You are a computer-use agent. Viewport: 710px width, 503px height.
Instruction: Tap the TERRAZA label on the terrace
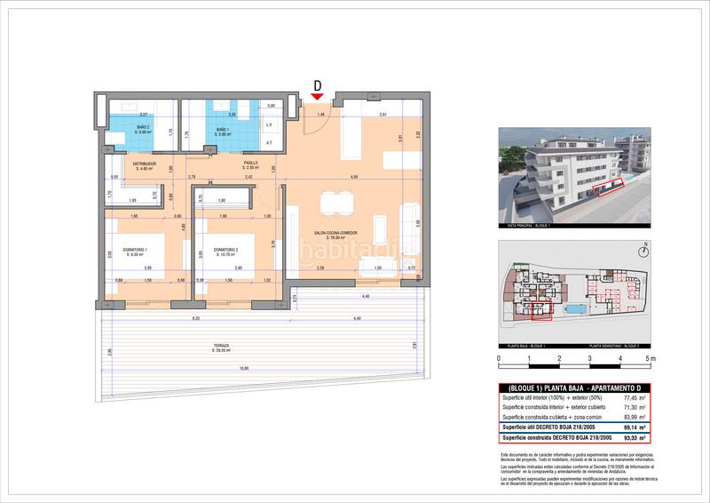tap(221, 346)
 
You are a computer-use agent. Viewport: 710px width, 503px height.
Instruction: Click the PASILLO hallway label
tap(251, 164)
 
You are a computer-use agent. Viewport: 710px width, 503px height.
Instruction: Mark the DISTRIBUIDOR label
tap(145, 164)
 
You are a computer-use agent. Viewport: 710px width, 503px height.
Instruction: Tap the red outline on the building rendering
tap(610, 187)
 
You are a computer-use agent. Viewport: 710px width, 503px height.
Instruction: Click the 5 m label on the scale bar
tap(651, 359)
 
